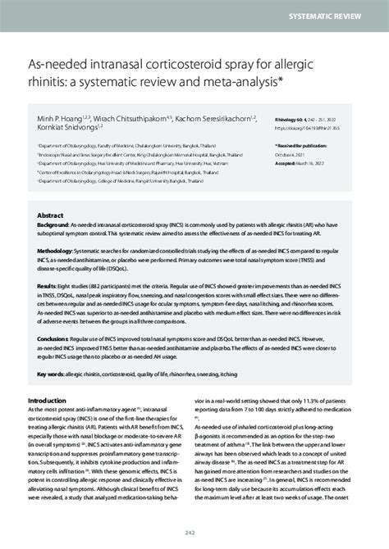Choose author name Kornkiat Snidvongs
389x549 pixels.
click(63, 127)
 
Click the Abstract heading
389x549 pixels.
click(51, 211)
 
